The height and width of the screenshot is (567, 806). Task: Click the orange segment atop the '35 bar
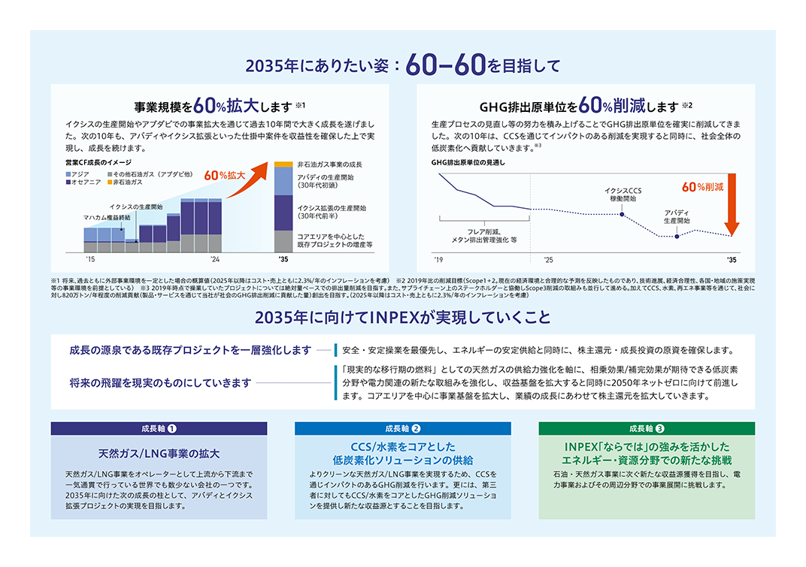pos(283,164)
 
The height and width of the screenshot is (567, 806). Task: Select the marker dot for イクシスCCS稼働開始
pos(623,214)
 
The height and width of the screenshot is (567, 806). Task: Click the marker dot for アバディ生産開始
pos(677,237)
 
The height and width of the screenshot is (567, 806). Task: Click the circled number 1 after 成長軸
pos(172,429)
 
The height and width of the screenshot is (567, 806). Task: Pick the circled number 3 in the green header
pos(660,429)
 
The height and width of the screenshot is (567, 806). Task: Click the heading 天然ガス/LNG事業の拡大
pos(159,454)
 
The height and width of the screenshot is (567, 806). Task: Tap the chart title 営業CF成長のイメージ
pos(98,162)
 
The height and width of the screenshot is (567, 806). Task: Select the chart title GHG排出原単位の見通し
pos(468,162)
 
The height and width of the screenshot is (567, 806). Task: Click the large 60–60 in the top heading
pos(445,66)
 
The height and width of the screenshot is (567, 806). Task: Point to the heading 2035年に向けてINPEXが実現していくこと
pos(402,318)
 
